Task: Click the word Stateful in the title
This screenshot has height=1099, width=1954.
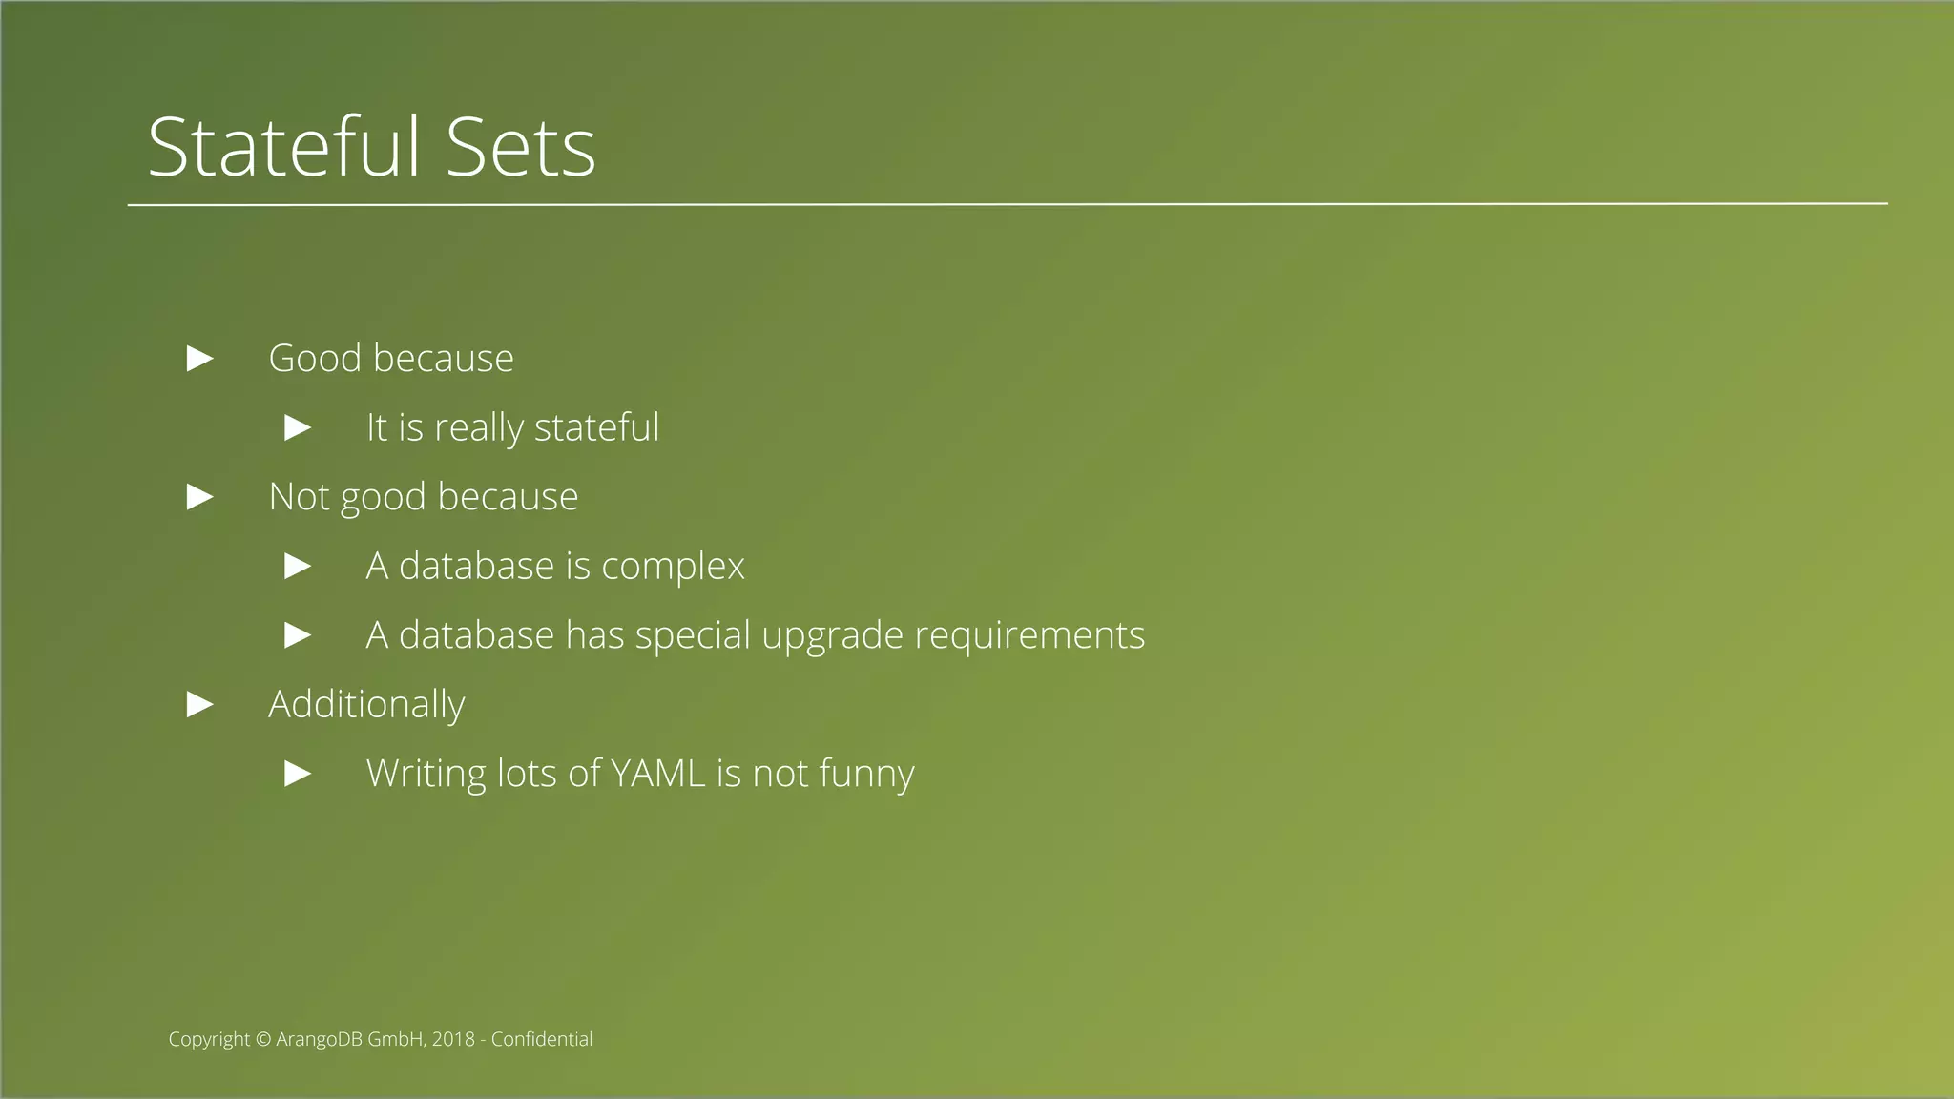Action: click(x=283, y=147)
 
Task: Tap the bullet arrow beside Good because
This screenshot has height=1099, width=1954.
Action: click(x=199, y=359)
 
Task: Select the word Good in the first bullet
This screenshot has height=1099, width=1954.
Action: click(x=315, y=359)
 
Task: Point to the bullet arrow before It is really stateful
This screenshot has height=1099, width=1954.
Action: click(x=298, y=427)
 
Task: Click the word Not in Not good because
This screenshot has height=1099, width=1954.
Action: click(x=299, y=497)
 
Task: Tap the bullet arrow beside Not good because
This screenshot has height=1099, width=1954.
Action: click(x=199, y=497)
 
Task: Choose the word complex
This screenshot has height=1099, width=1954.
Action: click(x=673, y=567)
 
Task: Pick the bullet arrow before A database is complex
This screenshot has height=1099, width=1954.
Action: click(x=298, y=567)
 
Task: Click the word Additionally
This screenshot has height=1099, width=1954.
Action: click(x=366, y=705)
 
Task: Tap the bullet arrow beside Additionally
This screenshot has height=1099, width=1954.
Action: click(x=199, y=705)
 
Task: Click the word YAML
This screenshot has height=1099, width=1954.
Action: click(x=656, y=774)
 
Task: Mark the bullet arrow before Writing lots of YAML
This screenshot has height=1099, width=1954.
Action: click(x=298, y=774)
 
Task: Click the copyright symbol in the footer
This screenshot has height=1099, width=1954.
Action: click(x=263, y=1040)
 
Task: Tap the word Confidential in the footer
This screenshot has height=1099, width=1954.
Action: click(x=542, y=1039)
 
